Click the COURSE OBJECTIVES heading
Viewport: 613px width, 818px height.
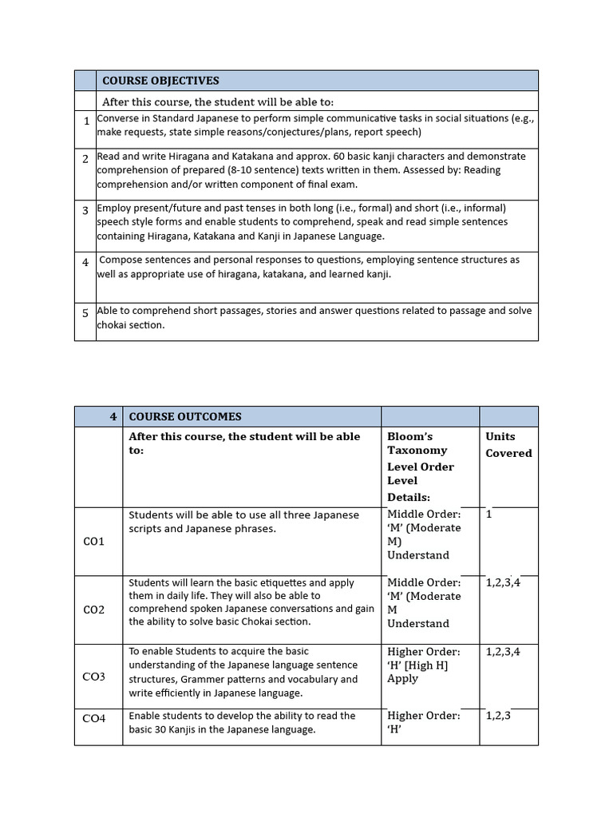[x=160, y=81]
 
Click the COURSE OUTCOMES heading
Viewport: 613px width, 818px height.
[x=185, y=416]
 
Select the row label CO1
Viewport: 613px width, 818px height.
[x=94, y=542]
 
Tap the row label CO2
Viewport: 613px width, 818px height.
[x=94, y=610]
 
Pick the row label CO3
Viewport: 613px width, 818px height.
[x=94, y=677]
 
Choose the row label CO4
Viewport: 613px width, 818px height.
[x=94, y=719]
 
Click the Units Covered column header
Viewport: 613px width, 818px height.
[x=508, y=445]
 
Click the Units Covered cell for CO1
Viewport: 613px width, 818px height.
[x=489, y=514]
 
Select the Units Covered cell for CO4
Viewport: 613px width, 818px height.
[x=498, y=716]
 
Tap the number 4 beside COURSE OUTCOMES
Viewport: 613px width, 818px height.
[x=113, y=416]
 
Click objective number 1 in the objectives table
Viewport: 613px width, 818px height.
[x=85, y=121]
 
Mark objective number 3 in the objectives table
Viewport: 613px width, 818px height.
[x=85, y=211]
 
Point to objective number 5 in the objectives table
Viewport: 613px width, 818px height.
[x=85, y=313]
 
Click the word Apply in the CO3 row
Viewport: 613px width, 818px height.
[x=403, y=678]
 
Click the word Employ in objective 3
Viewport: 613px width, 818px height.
[x=114, y=208]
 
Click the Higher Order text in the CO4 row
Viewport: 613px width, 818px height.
[x=424, y=716]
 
